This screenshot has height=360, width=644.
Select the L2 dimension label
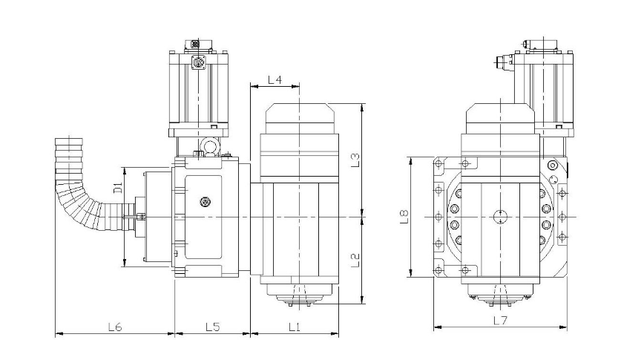[x=355, y=260]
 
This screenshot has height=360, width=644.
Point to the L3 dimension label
[x=355, y=160]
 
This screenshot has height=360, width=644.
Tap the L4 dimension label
[x=275, y=79]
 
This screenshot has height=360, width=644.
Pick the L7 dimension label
[x=500, y=320]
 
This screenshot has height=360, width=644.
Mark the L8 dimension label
[x=404, y=217]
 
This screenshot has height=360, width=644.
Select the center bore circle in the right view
[x=500, y=217]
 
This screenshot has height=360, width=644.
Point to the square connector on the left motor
[x=199, y=62]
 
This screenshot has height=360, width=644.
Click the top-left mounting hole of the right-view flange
[x=438, y=164]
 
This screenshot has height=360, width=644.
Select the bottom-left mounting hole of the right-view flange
[x=438, y=270]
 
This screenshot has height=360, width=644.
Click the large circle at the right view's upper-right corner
[x=553, y=166]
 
